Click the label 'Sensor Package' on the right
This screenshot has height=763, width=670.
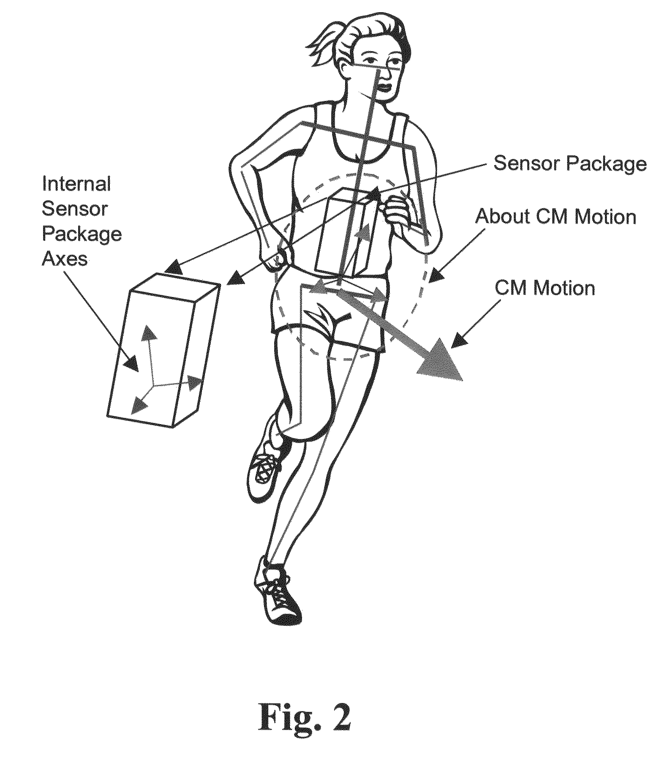pyautogui.click(x=569, y=163)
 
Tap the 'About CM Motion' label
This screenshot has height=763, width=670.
pyautogui.click(x=555, y=217)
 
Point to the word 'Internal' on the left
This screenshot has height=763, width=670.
pyautogui.click(x=76, y=184)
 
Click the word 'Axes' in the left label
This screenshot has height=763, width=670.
pyautogui.click(x=65, y=258)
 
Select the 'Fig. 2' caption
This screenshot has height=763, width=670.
pyautogui.click(x=305, y=717)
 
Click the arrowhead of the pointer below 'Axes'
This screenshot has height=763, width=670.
pyautogui.click(x=132, y=363)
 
